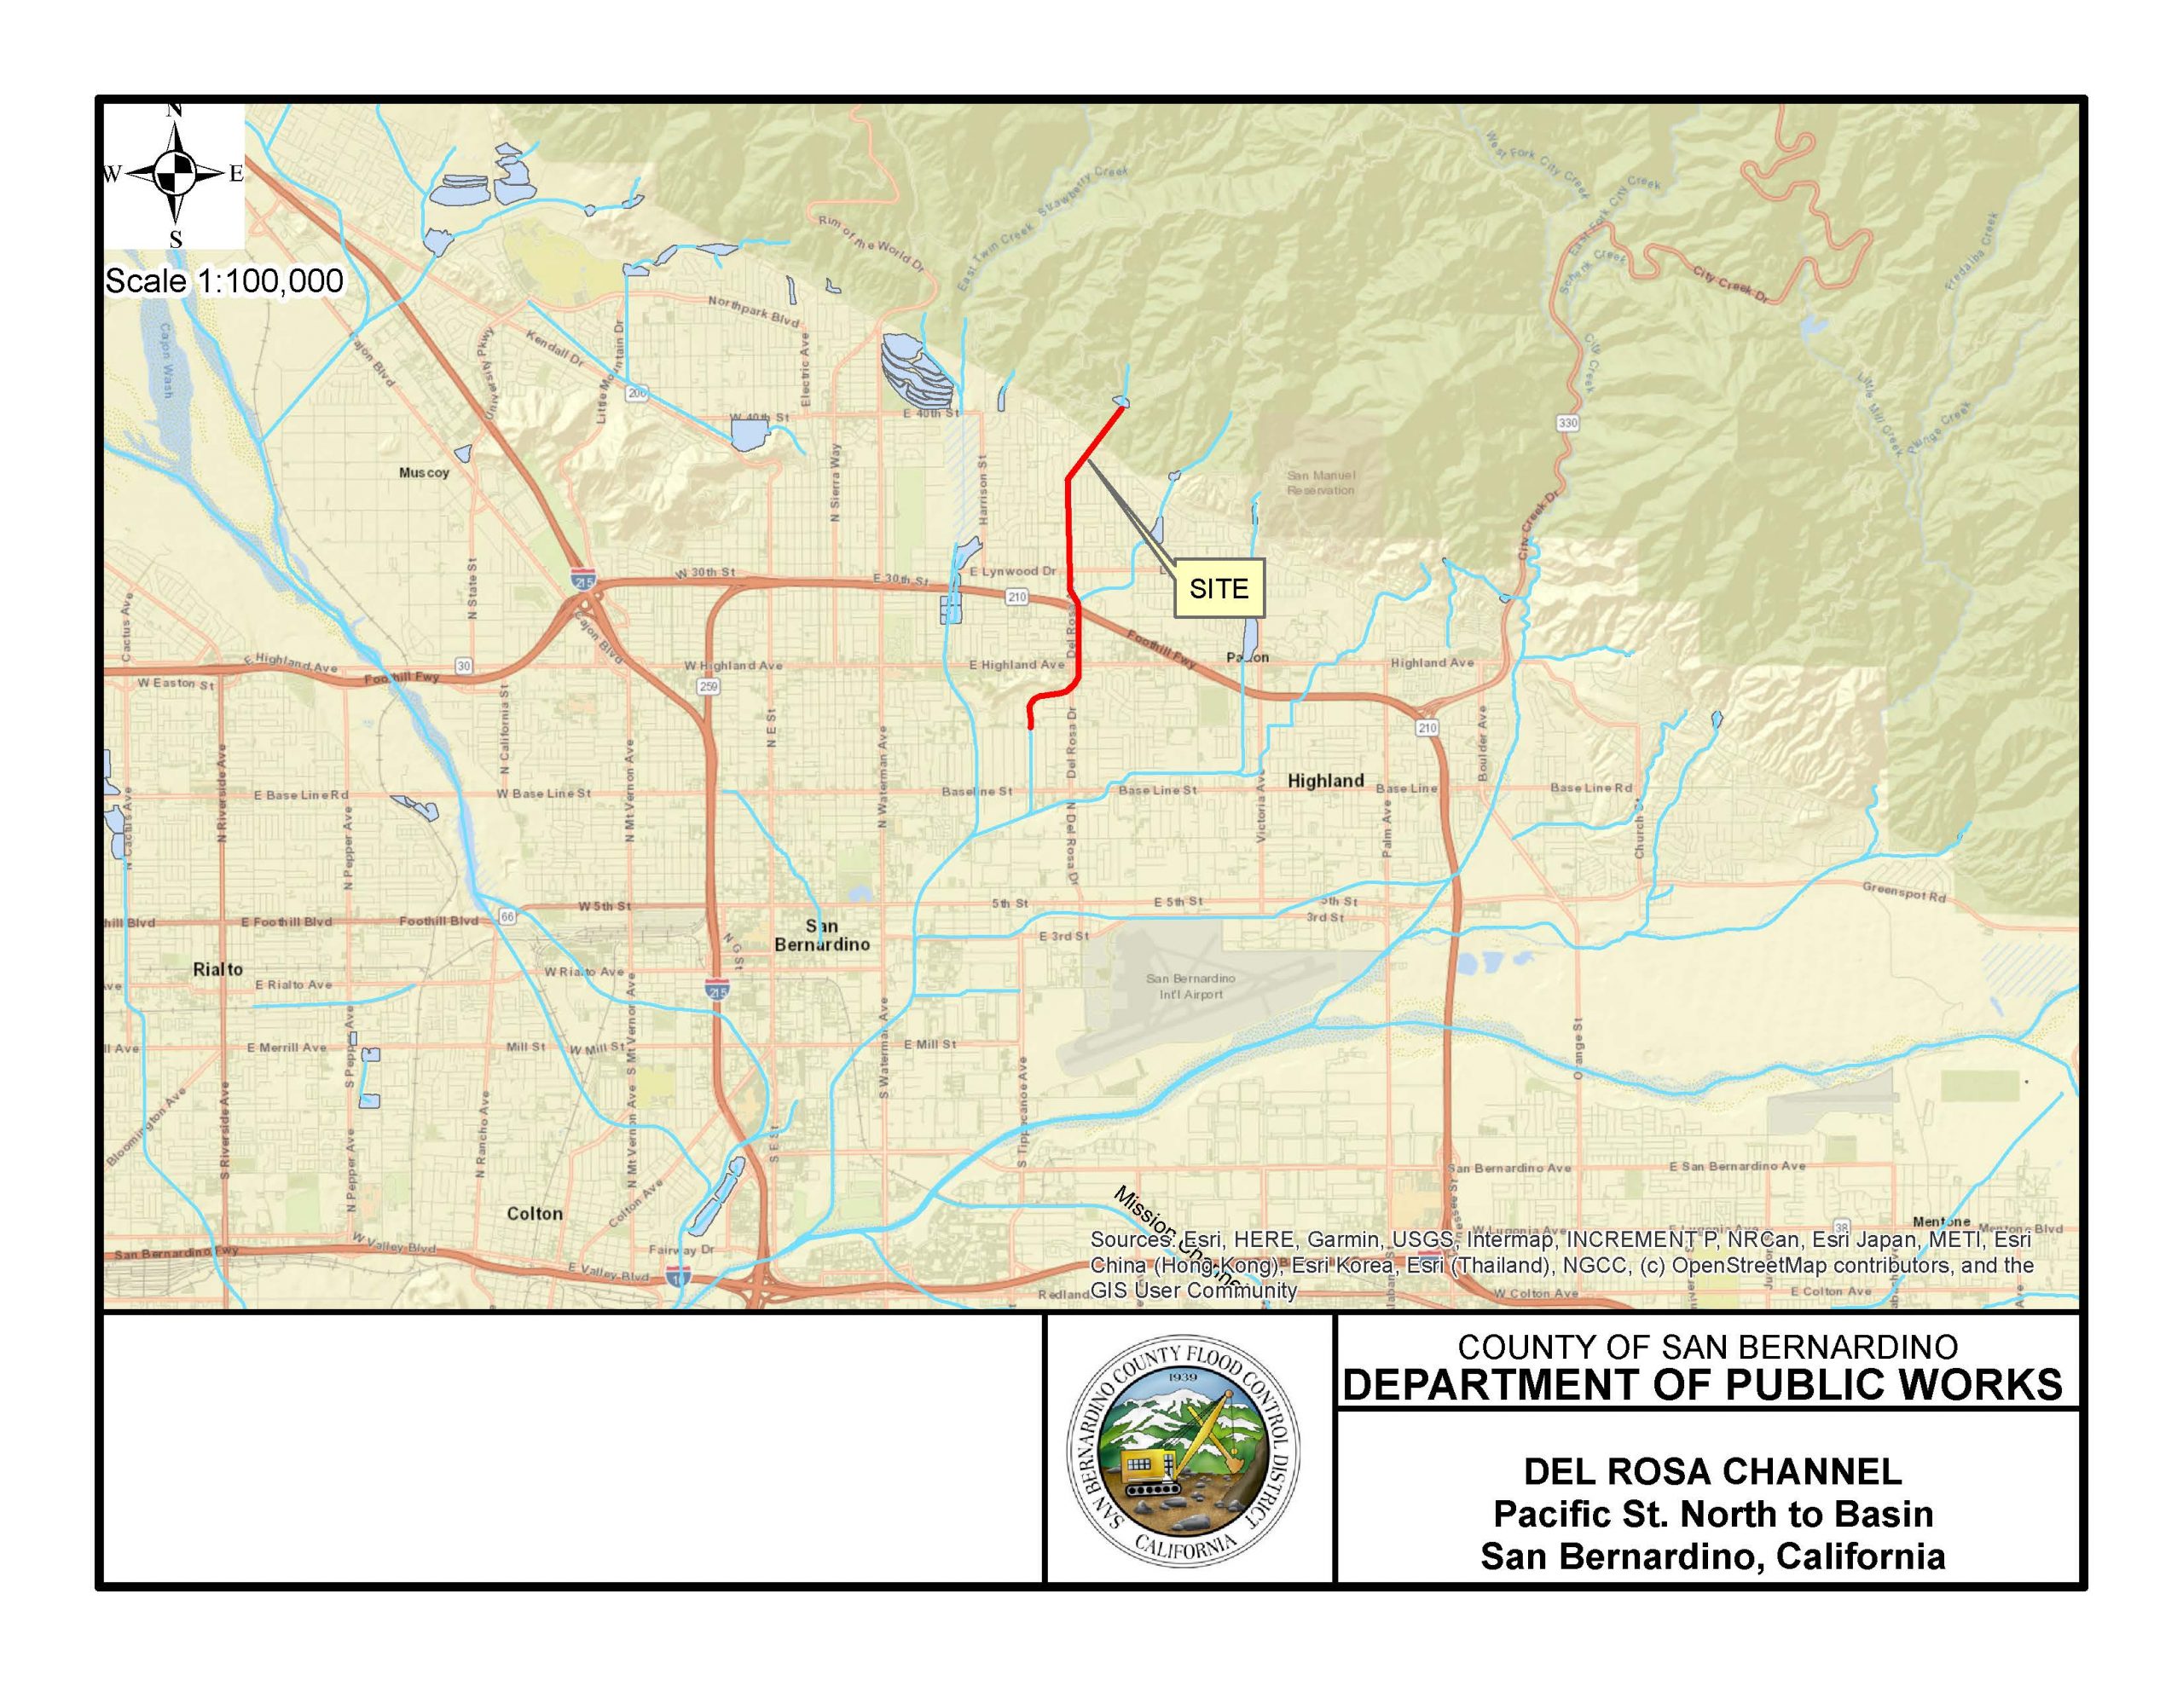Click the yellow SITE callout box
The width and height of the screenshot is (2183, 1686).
1219,589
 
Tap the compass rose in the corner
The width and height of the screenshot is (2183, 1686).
175,175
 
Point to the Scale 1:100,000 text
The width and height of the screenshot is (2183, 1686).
224,280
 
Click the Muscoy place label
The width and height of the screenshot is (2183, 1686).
424,473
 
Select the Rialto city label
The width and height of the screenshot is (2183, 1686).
218,969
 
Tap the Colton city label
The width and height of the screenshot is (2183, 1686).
535,1213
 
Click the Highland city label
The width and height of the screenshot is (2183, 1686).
1325,781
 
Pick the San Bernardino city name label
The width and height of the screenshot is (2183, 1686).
822,934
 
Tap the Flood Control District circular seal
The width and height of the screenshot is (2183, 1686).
1184,1451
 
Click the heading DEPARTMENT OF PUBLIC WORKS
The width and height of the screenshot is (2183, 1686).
1702,1385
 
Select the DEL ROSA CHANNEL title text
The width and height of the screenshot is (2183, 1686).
1712,1471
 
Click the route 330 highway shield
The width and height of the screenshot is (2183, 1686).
1566,423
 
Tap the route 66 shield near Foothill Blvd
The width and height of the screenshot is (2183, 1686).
507,916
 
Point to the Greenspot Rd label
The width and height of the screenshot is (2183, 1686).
1904,892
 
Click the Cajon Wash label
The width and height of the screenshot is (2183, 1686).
167,360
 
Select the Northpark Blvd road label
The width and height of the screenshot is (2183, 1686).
754,312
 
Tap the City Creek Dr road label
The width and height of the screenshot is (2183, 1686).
1730,285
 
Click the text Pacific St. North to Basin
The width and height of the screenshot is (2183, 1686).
1712,1514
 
